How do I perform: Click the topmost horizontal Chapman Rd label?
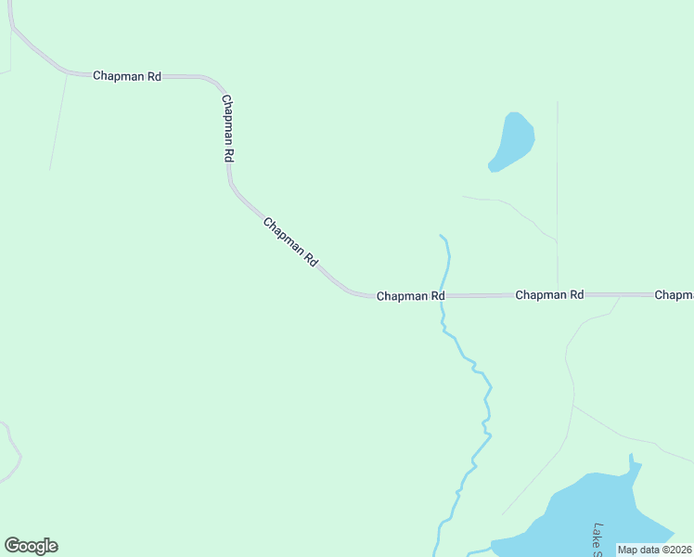pos(127,76)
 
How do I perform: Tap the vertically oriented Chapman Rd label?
pos(227,128)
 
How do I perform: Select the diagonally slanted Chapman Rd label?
pos(290,242)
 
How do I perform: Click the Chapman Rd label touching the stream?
pos(410,296)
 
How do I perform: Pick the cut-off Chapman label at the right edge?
pos(675,295)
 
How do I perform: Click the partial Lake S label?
pos(598,538)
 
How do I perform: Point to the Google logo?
pos(31,546)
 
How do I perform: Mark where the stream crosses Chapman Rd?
pos(445,296)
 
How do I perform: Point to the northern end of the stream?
pos(442,236)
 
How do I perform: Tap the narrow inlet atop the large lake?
pos(633,464)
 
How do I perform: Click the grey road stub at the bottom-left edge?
pos(11,455)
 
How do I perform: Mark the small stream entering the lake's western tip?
pos(478,551)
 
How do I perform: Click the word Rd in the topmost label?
pos(153,76)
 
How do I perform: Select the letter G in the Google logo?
pos(12,546)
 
